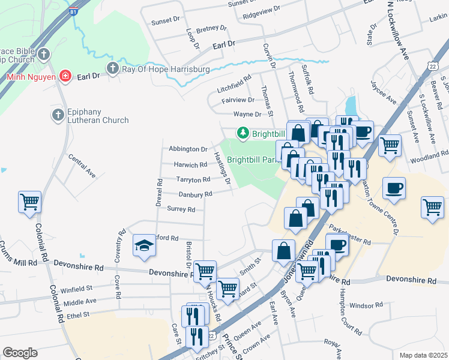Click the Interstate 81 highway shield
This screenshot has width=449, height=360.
click(72, 10)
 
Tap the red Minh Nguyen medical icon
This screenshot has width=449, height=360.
click(65, 77)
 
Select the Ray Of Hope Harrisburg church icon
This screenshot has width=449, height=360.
click(112, 69)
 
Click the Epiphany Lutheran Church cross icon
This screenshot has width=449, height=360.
click(58, 115)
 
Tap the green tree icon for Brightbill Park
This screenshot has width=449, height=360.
click(243, 133)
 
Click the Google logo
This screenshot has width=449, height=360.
click(20, 352)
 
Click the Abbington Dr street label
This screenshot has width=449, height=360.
click(188, 149)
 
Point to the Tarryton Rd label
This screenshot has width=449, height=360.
click(193, 179)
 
